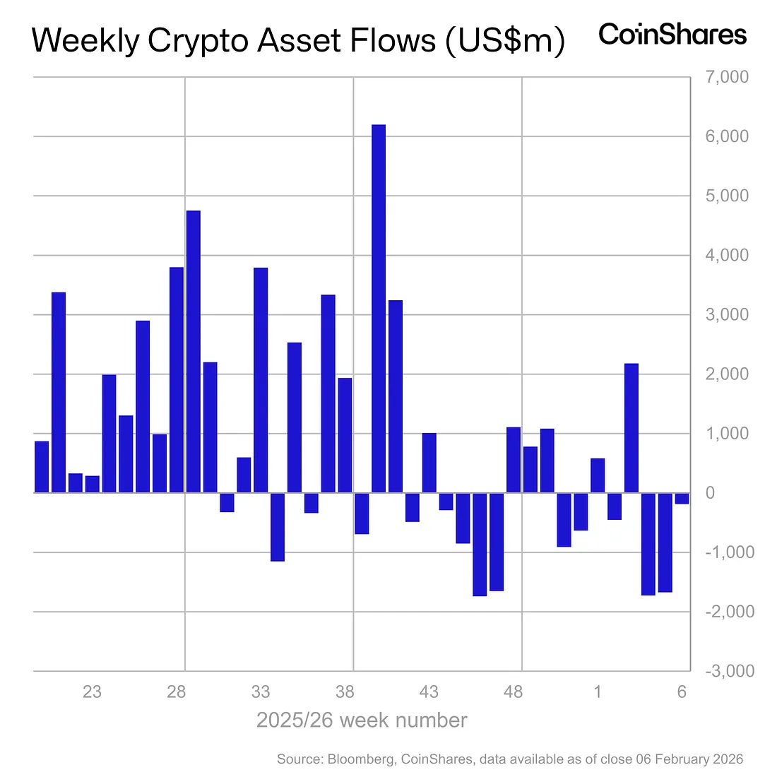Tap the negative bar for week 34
[x=278, y=527]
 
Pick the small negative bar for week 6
[x=682, y=498]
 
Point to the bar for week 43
[x=429, y=463]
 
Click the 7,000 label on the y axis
[x=727, y=77]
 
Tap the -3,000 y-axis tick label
[x=729, y=671]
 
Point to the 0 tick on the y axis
[x=710, y=493]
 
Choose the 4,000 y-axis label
[x=727, y=255]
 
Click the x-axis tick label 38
[x=345, y=692]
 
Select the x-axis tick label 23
[x=92, y=692]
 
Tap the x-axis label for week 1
[x=598, y=692]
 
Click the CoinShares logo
[x=672, y=34]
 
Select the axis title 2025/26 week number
[x=362, y=720]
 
